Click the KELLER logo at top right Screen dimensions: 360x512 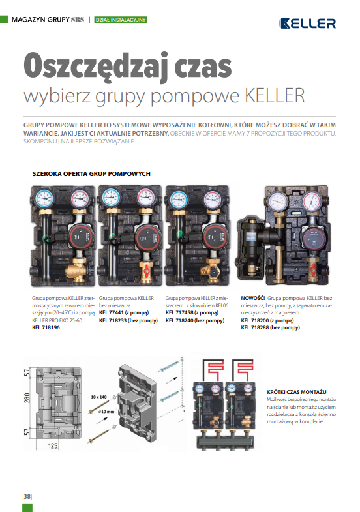coord(307,23)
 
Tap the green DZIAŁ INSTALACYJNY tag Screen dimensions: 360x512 coord(121,20)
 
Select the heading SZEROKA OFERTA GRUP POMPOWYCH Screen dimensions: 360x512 coord(91,173)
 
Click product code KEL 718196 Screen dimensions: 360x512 coord(46,327)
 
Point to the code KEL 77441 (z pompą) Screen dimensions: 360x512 coord(124,313)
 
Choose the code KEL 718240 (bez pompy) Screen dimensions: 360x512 coord(195,320)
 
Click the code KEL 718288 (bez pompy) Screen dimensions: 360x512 coord(270,327)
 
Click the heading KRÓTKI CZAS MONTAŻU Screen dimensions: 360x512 coord(297,392)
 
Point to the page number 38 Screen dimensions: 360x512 coord(27,496)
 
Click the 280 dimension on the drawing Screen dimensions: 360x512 coord(27,398)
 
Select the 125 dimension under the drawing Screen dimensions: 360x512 coord(53,445)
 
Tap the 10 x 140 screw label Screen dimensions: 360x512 coord(99,397)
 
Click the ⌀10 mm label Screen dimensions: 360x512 coord(106,412)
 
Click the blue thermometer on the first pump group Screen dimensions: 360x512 coord(44,198)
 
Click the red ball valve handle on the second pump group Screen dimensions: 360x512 coord(147,269)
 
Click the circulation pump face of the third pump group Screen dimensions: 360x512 coord(215,237)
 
